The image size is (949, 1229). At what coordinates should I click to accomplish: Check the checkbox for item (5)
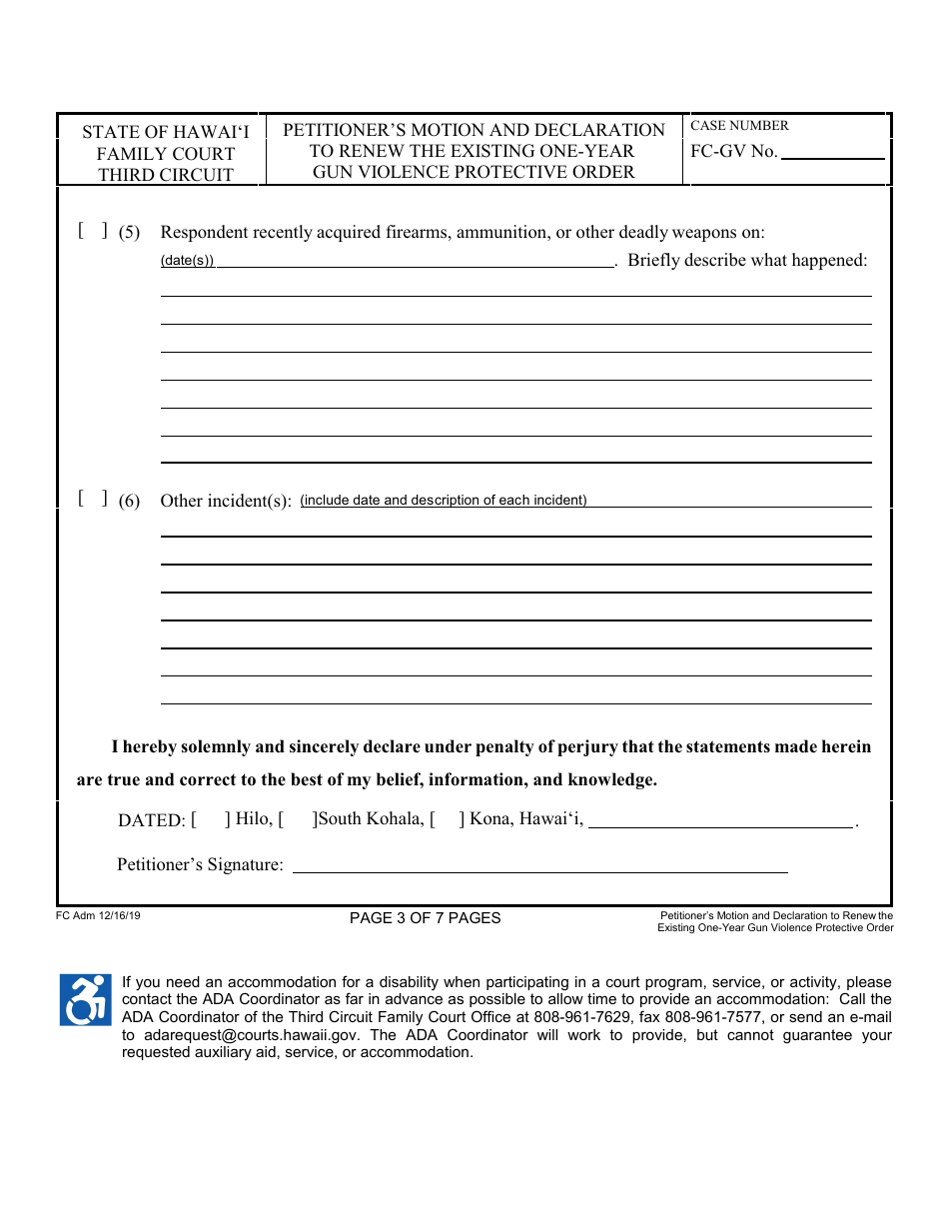click(x=93, y=232)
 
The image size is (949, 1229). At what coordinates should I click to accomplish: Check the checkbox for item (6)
click(x=93, y=500)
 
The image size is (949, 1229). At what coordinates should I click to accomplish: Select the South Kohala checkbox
click(x=298, y=819)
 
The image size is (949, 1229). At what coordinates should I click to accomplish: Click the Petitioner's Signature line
click(x=539, y=865)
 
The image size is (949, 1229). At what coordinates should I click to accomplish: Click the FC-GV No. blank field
click(x=832, y=153)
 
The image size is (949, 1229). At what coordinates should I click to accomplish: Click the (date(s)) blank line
click(x=415, y=261)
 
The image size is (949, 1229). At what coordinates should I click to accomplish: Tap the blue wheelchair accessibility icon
click(x=86, y=1000)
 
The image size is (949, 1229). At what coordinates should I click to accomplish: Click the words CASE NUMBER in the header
click(x=739, y=126)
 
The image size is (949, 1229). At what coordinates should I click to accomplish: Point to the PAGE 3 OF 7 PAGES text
click(x=426, y=918)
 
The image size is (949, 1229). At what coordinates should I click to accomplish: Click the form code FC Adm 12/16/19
click(x=99, y=914)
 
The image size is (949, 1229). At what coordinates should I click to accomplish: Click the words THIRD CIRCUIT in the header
click(x=165, y=175)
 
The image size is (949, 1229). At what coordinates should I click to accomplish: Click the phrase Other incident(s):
click(x=226, y=501)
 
